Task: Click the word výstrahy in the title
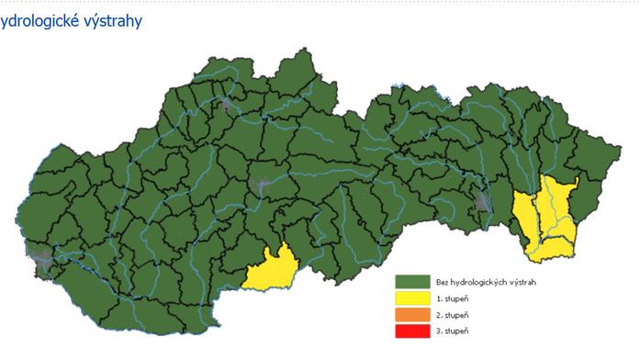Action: pyautogui.click(x=112, y=21)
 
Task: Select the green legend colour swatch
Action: pyautogui.click(x=413, y=282)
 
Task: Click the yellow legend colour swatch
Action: pyautogui.click(x=413, y=298)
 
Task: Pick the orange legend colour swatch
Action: pyautogui.click(x=413, y=315)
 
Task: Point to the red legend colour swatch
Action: pyautogui.click(x=413, y=332)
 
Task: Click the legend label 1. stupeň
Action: pyautogui.click(x=454, y=298)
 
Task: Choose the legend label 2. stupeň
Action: pyautogui.click(x=454, y=315)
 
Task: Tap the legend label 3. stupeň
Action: pyautogui.click(x=454, y=332)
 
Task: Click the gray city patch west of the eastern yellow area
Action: pyautogui.click(x=484, y=202)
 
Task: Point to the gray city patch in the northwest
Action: pyautogui.click(x=226, y=106)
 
